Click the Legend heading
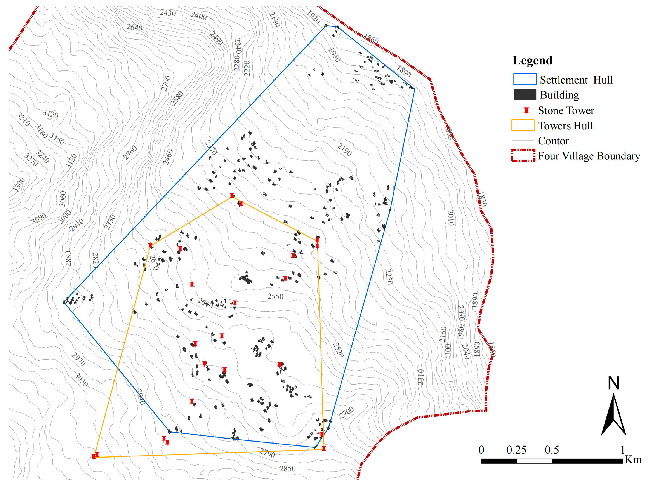pyautogui.click(x=532, y=61)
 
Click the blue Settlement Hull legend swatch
pyautogui.click(x=525, y=79)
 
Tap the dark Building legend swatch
pyautogui.click(x=525, y=95)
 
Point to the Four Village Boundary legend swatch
pyautogui.click(x=523, y=156)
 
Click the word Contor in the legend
pyautogui.click(x=553, y=141)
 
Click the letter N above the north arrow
pyautogui.click(x=613, y=383)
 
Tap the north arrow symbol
pyautogui.click(x=613, y=416)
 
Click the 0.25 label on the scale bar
pyautogui.click(x=516, y=450)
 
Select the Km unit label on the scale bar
pyautogui.click(x=633, y=459)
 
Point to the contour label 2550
pyautogui.click(x=275, y=296)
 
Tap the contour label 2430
pyautogui.click(x=168, y=13)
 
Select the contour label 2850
pyautogui.click(x=287, y=468)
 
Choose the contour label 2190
pyautogui.click(x=344, y=150)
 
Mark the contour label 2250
pyautogui.click(x=388, y=277)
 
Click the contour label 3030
pyautogui.click(x=81, y=379)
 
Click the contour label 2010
pyautogui.click(x=451, y=218)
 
